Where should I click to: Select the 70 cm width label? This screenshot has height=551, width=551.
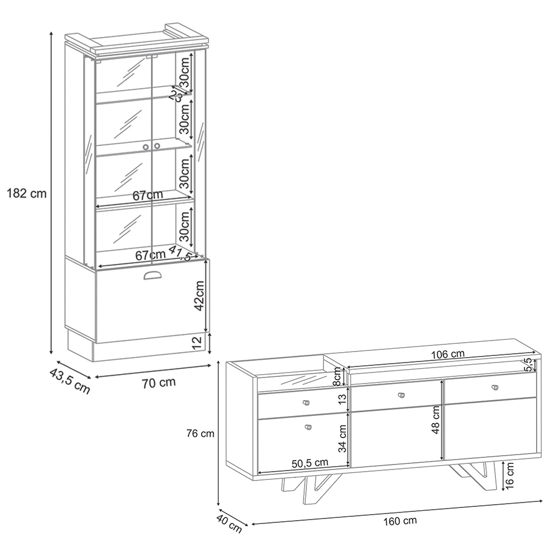(159, 382)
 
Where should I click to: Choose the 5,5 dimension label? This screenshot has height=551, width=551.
(527, 364)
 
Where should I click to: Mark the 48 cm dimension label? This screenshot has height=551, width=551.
(436, 420)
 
